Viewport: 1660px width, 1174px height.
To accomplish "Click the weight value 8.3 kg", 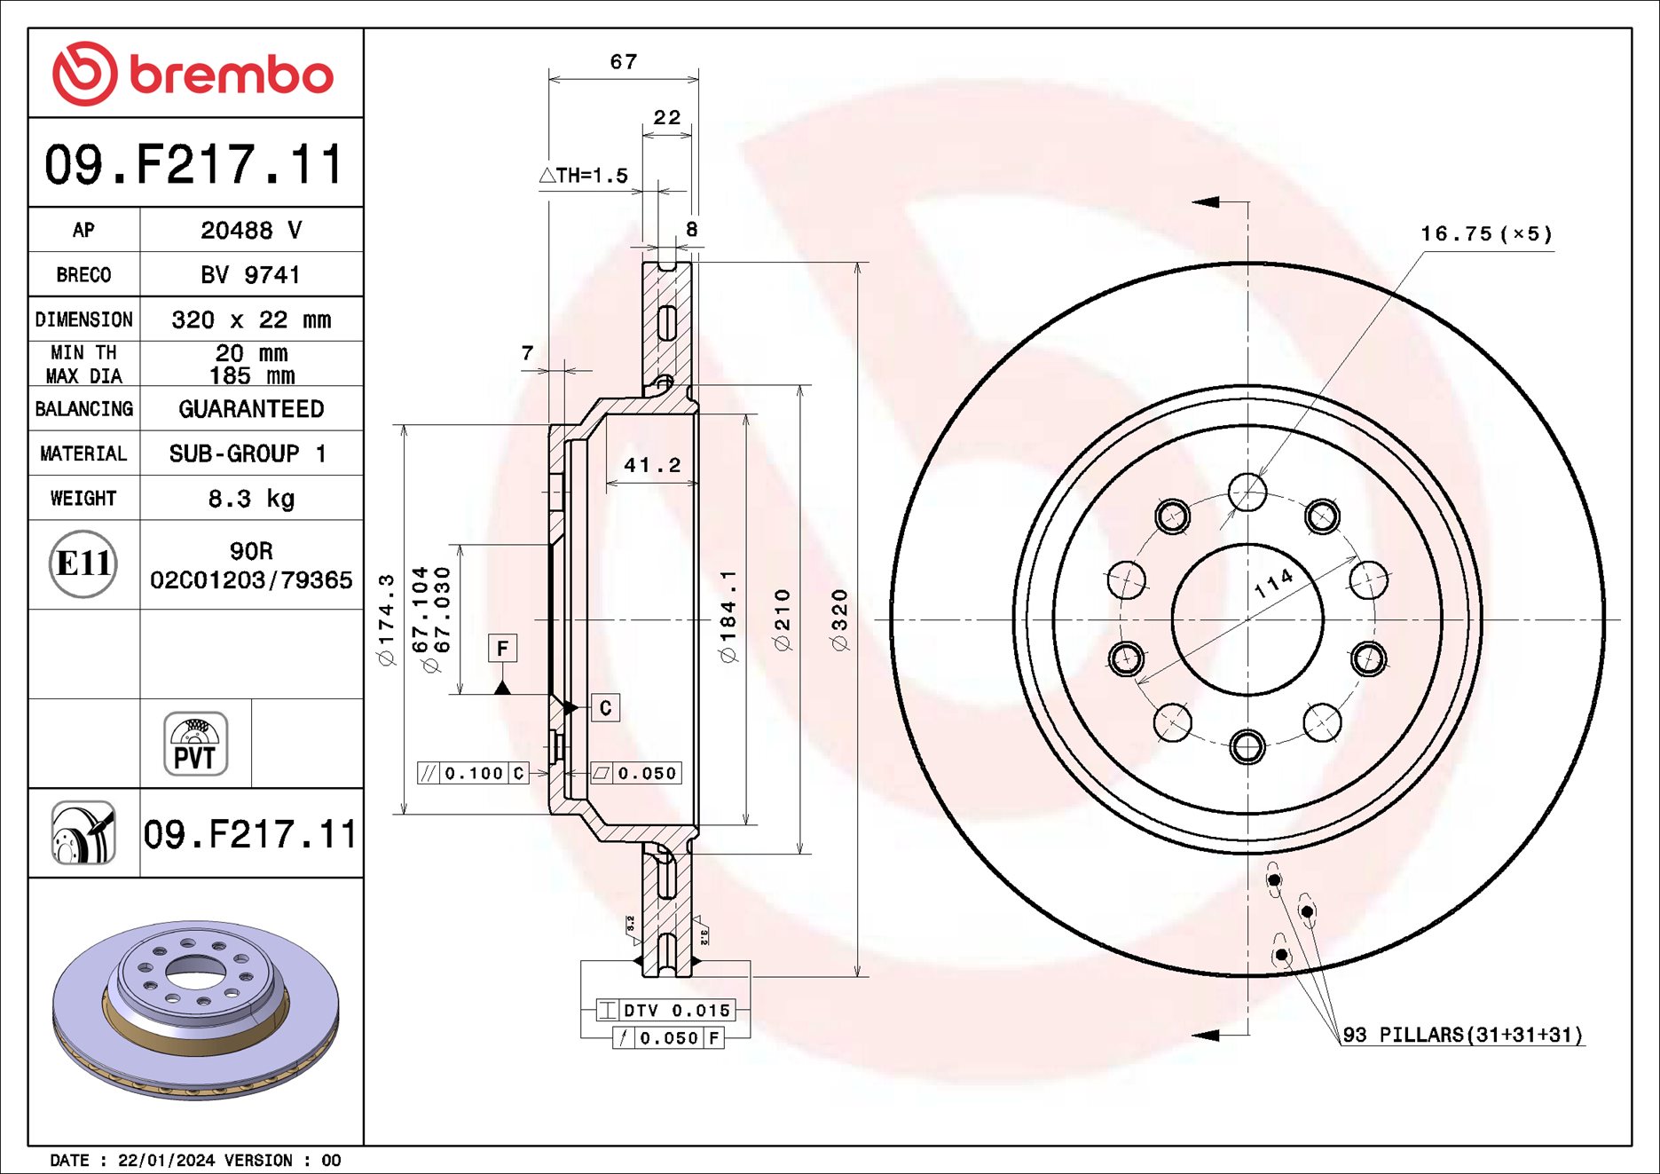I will tap(251, 499).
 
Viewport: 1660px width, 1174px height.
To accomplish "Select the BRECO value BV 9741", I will tap(251, 275).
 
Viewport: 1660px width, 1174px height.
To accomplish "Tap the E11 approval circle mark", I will tap(83, 563).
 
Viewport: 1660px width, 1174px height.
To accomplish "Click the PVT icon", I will tap(195, 744).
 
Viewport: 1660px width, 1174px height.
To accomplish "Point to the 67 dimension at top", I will tap(623, 62).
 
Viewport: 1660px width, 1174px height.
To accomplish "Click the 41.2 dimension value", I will tap(652, 465).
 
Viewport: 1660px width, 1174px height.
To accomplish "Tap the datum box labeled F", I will tap(502, 649).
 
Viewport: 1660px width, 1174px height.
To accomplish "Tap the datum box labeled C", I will tap(605, 707).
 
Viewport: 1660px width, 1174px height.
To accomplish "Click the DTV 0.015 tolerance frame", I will tap(665, 1010).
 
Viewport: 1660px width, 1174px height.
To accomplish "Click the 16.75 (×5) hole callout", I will tap(1486, 234).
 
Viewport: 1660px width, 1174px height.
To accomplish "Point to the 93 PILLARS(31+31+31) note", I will tap(1462, 1035).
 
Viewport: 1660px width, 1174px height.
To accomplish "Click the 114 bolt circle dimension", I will tap(1274, 583).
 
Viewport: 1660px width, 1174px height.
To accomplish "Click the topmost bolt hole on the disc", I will tap(1247, 492).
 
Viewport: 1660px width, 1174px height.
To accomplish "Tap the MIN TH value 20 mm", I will tap(251, 353).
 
